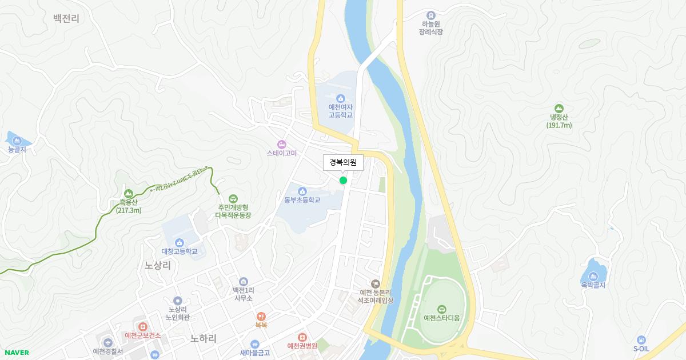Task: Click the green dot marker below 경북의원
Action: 343,180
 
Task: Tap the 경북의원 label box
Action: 343,163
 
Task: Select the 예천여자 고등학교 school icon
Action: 340,98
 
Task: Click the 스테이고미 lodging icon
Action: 281,144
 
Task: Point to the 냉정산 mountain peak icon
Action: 559,109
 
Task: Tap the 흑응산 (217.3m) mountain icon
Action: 128,193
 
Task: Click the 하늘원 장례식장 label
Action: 431,27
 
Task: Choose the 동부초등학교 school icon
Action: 302,191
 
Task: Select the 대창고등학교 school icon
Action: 180,242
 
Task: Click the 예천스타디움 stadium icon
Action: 441,309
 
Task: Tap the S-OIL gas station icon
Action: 641,340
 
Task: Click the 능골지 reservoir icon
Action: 17,141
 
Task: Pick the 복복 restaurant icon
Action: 261,316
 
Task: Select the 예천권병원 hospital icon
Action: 302,337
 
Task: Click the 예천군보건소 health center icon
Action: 142,326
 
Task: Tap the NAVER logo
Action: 17,353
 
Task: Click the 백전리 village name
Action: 66,19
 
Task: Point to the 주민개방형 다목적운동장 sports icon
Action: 233,198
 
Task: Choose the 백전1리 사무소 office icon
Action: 244,281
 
